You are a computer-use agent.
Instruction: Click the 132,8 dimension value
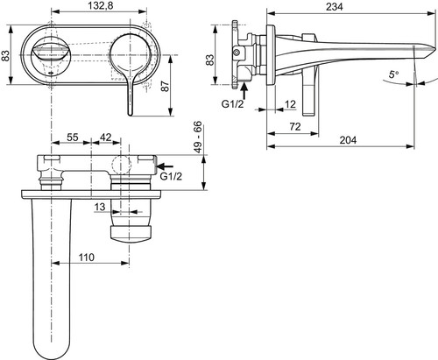pyautogui.click(x=100, y=5)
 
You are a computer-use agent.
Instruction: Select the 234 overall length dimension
pyautogui.click(x=335, y=7)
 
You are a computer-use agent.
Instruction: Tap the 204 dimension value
pyautogui.click(x=348, y=140)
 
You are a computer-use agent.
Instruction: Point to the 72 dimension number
pyautogui.click(x=295, y=127)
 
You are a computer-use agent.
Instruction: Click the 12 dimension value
pyautogui.click(x=290, y=104)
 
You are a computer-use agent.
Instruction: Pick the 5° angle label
pyautogui.click(x=393, y=74)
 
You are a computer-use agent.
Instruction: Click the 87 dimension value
pyautogui.click(x=166, y=87)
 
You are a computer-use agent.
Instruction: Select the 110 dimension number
pyautogui.click(x=87, y=258)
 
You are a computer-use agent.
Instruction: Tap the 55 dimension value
pyautogui.click(x=73, y=137)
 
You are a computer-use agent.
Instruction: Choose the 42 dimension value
pyautogui.click(x=106, y=137)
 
